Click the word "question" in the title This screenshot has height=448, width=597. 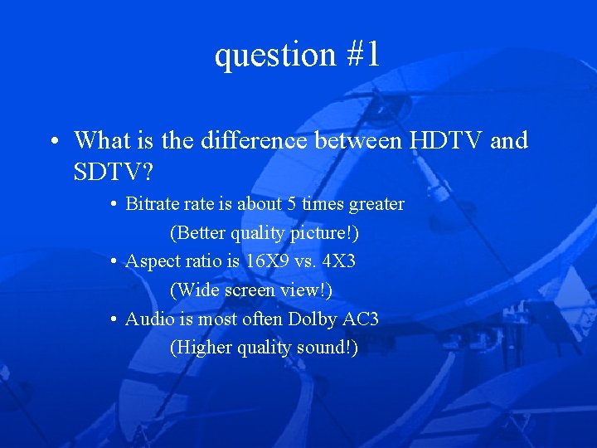270,56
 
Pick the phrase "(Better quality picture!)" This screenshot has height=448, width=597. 264,233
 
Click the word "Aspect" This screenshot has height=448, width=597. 152,261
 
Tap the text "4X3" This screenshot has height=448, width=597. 340,261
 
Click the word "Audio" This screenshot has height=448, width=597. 148,319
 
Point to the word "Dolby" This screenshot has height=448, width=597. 313,319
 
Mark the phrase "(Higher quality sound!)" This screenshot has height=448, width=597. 264,348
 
